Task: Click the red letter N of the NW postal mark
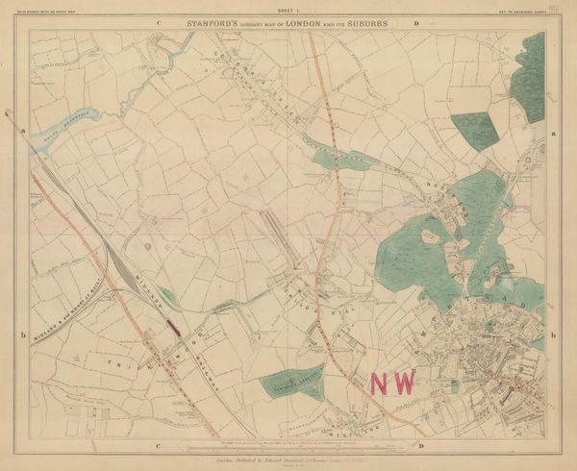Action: (381, 383)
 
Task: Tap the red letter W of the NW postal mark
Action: (404, 383)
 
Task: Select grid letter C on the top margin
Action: (157, 20)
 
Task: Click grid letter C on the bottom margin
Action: (157, 446)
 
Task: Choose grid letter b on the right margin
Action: (555, 335)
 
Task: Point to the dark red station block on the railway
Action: (174, 327)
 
